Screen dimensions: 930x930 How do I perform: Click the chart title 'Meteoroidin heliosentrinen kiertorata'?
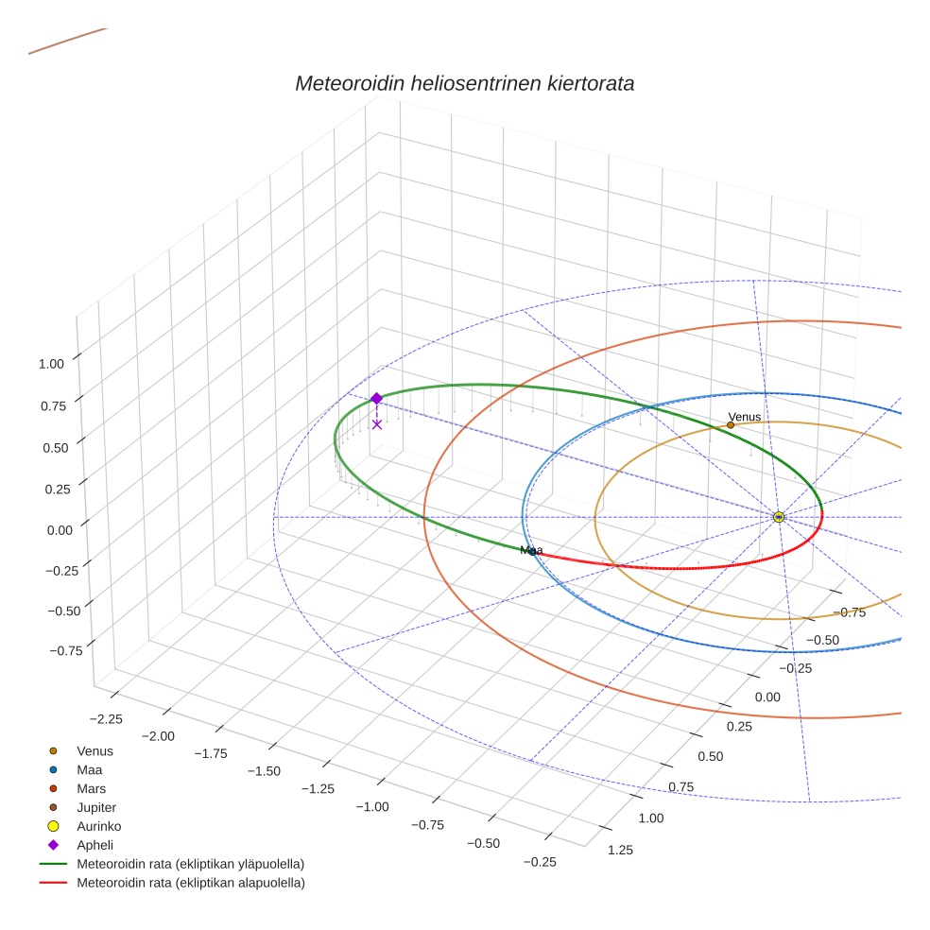(x=464, y=83)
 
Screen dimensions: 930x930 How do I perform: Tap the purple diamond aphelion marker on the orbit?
(x=376, y=399)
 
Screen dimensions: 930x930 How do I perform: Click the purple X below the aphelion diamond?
(x=377, y=424)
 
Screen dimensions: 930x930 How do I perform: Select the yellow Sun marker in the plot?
(x=778, y=517)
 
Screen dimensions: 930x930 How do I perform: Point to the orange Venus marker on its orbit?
(x=731, y=425)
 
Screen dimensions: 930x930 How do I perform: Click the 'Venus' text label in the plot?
(x=744, y=417)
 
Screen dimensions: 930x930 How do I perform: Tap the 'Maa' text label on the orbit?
(x=531, y=550)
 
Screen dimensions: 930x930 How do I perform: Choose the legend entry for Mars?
(x=91, y=788)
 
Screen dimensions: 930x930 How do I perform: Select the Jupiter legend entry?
(x=96, y=807)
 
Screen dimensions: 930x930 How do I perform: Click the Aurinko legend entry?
(x=98, y=826)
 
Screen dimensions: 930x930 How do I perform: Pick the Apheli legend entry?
(x=95, y=845)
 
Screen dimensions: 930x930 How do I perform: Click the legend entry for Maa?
(x=89, y=769)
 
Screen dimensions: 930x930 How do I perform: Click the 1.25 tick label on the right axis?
(x=620, y=850)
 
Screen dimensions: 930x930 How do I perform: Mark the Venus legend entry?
(x=95, y=750)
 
